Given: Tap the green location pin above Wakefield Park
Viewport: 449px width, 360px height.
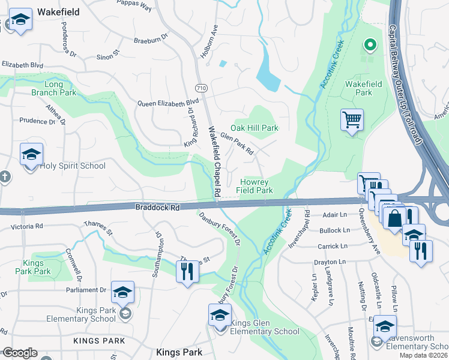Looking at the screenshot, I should click(x=370, y=44).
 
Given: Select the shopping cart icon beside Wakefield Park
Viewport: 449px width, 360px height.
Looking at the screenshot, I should click(x=352, y=119).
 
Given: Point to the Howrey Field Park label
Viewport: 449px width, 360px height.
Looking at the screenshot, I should click(x=257, y=186).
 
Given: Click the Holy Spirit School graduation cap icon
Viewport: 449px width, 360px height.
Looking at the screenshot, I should click(x=31, y=154).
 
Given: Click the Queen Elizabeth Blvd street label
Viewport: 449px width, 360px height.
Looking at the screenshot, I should click(x=167, y=103).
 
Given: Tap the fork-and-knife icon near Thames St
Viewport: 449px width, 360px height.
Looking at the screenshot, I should click(x=187, y=272).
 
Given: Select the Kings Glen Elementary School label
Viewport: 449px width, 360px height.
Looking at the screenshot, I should click(x=264, y=327).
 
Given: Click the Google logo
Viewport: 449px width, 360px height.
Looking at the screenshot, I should click(x=19, y=353).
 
